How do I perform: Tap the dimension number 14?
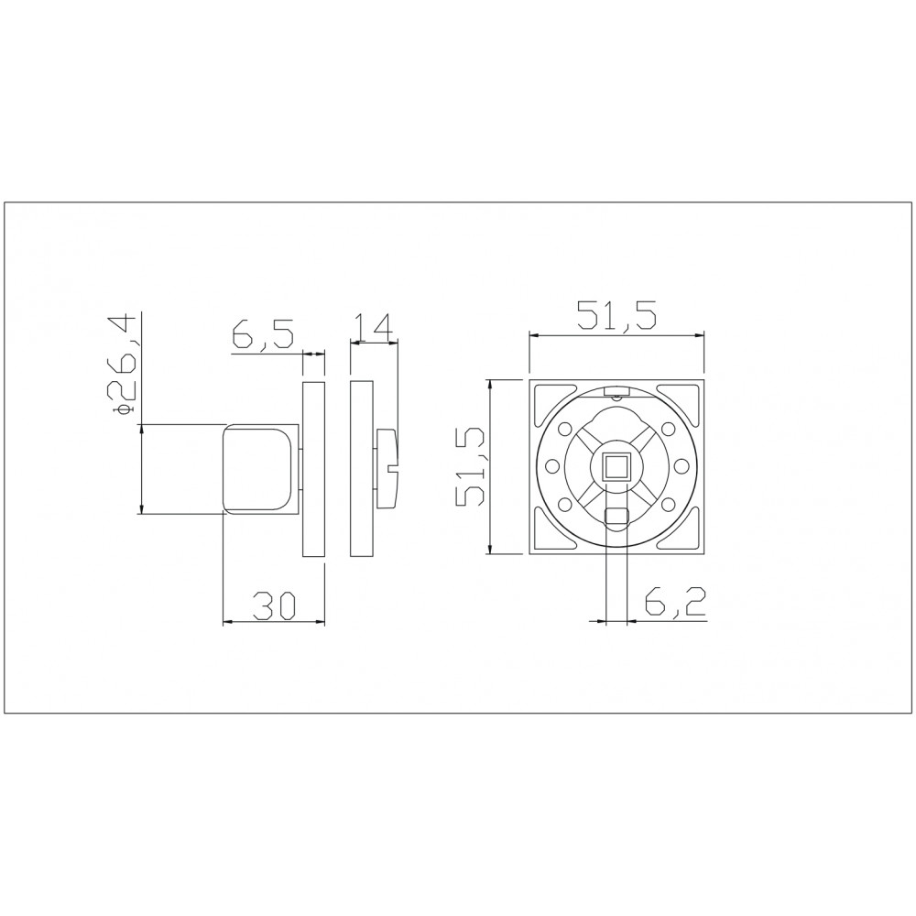374,327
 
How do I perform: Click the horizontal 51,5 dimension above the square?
616,316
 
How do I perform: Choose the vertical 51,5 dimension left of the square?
471,466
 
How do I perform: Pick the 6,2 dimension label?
675,602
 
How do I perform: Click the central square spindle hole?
616,467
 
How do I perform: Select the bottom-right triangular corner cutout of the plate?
678,529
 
